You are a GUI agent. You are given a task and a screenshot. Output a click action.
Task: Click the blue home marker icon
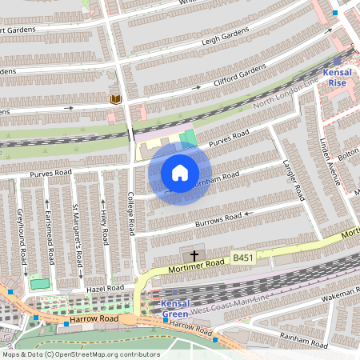point(180,172)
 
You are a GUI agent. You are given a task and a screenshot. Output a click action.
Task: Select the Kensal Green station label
point(174,309)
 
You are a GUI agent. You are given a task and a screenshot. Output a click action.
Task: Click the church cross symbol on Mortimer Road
point(194,255)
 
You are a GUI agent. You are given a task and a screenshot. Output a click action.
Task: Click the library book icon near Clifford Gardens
point(115,99)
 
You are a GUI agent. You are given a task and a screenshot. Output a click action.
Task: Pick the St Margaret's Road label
point(78,236)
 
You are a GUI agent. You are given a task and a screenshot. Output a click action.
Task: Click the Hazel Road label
point(105,287)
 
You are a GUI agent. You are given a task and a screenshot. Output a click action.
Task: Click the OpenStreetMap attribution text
point(81,354)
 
